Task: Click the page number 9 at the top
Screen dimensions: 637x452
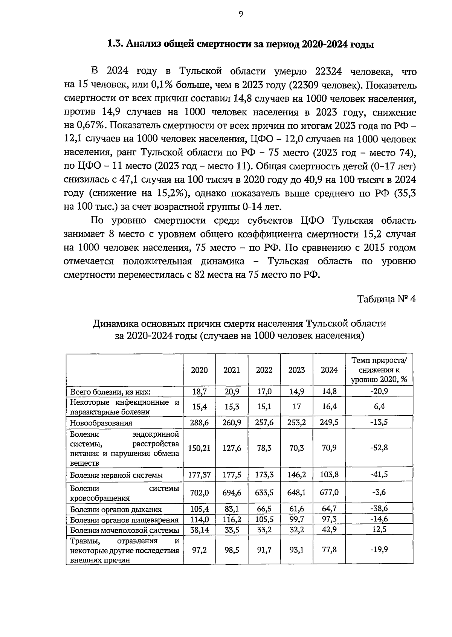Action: [241, 14]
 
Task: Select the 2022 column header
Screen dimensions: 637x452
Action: [264, 370]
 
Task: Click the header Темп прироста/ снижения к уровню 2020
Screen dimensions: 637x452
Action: [379, 370]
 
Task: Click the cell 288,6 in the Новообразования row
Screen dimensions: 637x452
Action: [199, 422]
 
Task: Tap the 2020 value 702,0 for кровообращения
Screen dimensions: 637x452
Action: [199, 492]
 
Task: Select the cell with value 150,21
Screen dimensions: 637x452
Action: [199, 448]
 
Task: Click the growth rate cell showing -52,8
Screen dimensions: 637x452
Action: [379, 448]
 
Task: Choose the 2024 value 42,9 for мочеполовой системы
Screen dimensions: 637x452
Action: [329, 530]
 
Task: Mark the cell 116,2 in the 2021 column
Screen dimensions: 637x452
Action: [232, 520]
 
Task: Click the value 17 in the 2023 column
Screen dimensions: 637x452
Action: [296, 407]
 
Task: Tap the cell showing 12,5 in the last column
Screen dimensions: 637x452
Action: [379, 530]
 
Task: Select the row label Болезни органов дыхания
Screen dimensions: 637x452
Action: [116, 509]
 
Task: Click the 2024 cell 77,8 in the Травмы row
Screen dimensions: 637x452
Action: [329, 550]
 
